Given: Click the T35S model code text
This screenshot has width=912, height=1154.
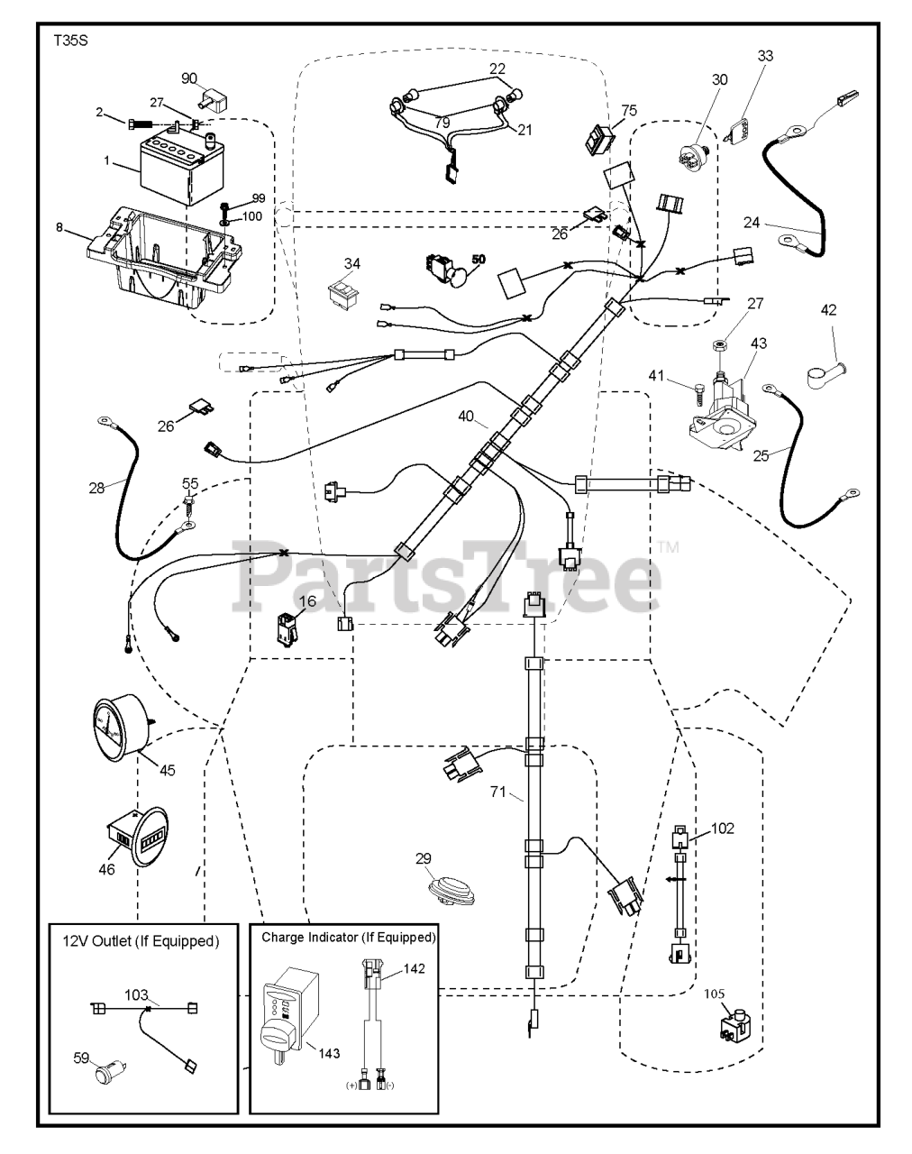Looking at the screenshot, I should point(66,41).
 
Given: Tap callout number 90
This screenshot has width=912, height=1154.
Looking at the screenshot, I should point(189,78).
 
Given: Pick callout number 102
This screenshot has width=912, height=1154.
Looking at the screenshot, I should point(723,828).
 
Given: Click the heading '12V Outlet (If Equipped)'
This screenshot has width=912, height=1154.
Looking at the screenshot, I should point(141,941).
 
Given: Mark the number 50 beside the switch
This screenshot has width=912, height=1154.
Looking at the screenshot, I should point(478,259).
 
